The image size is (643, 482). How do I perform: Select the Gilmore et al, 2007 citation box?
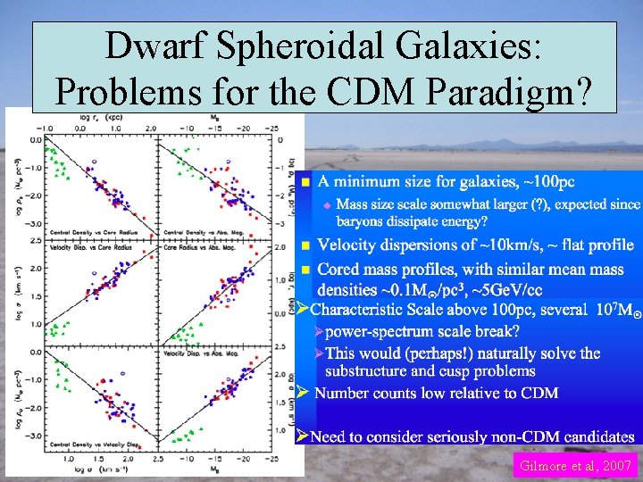574,465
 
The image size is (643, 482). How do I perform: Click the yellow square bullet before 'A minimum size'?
305,182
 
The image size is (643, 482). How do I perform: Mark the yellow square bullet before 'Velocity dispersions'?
305,245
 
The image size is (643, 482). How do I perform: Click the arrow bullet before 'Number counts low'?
303,393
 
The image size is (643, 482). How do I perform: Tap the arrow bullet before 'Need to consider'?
303,436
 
